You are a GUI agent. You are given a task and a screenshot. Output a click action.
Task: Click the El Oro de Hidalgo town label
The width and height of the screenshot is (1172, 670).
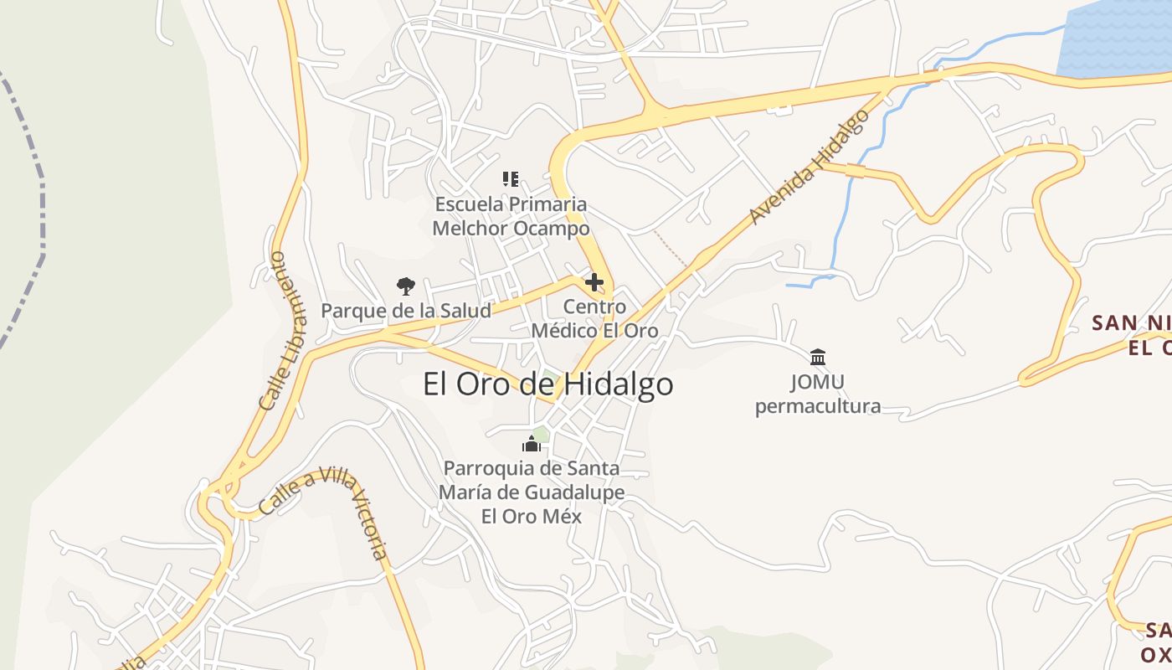coord(547,384)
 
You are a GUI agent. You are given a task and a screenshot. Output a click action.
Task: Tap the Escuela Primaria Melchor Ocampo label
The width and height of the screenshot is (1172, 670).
coord(511,216)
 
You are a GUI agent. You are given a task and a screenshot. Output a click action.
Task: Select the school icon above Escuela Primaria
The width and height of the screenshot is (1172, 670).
coord(511,178)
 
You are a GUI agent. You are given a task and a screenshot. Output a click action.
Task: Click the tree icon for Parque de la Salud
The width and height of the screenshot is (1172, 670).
coord(406,286)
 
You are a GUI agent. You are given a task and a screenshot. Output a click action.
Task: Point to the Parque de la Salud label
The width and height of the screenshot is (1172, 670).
coord(406,311)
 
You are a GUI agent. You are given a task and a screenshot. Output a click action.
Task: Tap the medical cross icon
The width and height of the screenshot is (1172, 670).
coord(594,282)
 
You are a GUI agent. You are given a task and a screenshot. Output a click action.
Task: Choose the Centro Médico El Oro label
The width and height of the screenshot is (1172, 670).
coord(594,319)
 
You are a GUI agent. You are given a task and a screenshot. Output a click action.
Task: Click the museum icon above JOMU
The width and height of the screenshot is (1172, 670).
coord(818,357)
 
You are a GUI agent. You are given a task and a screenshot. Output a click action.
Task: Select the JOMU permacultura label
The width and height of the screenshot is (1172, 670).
coord(818,394)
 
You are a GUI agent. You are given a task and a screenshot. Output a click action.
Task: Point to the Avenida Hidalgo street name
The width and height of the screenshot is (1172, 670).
coord(809,167)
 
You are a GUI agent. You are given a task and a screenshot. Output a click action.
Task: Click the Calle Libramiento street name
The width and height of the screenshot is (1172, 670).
coord(285,331)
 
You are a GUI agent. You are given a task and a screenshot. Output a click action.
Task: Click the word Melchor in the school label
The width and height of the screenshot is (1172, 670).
coord(470,228)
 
